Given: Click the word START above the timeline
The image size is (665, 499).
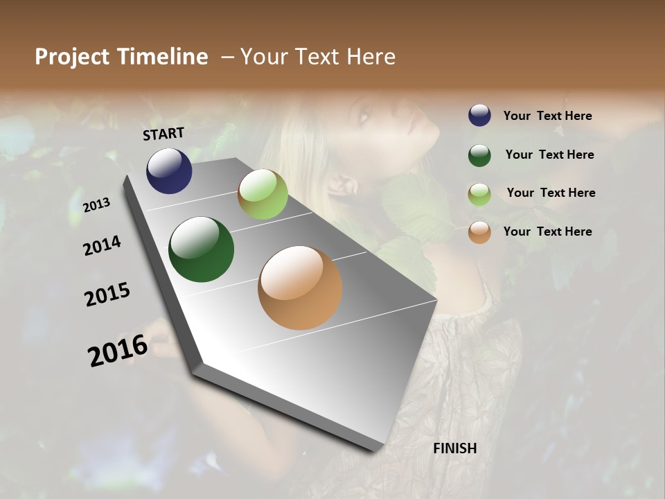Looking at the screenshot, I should [x=163, y=134].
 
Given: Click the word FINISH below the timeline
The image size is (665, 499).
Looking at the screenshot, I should [x=454, y=448].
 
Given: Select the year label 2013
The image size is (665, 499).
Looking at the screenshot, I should [x=96, y=205].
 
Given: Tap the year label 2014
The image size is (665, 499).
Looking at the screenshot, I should [x=102, y=246].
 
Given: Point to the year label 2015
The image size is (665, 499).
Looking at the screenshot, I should [x=107, y=295].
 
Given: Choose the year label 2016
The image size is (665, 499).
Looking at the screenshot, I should [x=118, y=350].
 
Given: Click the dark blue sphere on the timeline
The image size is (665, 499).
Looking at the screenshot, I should [x=169, y=170].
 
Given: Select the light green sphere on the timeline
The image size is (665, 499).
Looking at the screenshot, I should [x=263, y=194].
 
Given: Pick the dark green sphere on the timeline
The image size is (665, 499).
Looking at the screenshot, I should [x=201, y=249].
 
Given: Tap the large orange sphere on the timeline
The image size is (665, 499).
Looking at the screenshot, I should [x=300, y=288].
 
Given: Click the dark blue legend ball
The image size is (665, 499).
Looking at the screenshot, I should [x=479, y=115].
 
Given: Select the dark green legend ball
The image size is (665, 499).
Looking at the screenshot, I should [x=479, y=155].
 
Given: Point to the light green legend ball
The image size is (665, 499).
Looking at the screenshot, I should [x=479, y=193].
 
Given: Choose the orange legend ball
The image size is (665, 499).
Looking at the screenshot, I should [x=479, y=232].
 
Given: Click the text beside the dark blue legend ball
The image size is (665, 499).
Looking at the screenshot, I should [x=547, y=116].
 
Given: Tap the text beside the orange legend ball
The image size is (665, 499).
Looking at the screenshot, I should [x=547, y=231].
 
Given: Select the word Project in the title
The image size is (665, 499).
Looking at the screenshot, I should [x=72, y=57].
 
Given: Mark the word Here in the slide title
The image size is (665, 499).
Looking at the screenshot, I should [x=371, y=57].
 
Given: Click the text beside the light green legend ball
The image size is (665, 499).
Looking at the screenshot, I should [x=551, y=193].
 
